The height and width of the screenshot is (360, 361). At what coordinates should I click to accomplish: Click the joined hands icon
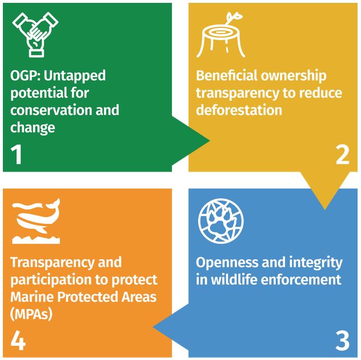pyautogui.click(x=35, y=34)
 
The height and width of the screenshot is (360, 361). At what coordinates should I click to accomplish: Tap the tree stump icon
pyautogui.click(x=220, y=35)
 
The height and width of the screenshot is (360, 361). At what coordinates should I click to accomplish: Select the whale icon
pyautogui.click(x=36, y=221)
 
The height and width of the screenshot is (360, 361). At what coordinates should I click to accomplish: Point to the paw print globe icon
pyautogui.click(x=221, y=221)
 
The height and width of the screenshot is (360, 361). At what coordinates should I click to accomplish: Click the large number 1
pyautogui.click(x=17, y=154)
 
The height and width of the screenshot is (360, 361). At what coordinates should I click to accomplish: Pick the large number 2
pyautogui.click(x=343, y=154)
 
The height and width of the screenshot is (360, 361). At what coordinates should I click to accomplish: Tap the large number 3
pyautogui.click(x=343, y=341)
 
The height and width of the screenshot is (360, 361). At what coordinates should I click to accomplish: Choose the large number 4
pyautogui.click(x=18, y=341)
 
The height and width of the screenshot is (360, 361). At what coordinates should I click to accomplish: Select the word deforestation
pyautogui.click(x=239, y=110)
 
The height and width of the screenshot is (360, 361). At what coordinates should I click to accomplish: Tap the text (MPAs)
pyautogui.click(x=31, y=314)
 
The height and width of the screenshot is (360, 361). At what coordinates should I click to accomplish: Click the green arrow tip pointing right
pyautogui.click(x=210, y=141)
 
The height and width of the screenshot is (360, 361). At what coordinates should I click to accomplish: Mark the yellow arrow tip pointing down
pyautogui.click(x=325, y=209)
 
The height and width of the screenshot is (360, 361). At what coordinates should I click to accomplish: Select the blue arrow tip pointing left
pyautogui.click(x=153, y=327)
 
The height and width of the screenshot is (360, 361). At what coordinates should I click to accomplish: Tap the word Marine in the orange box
pyautogui.click(x=32, y=297)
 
